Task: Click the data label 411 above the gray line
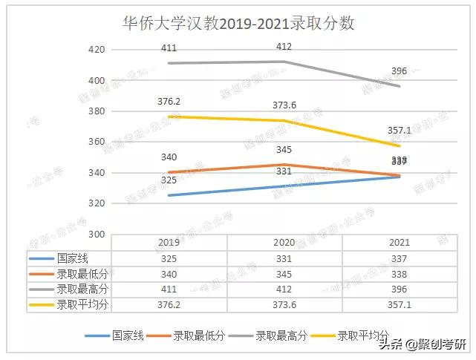point(169,48)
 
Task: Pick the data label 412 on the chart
point(284,47)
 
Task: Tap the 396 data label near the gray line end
point(399,71)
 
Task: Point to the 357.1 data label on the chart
point(399,131)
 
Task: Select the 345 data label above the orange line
point(284,151)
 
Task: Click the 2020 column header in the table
point(284,243)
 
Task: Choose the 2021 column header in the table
point(399,243)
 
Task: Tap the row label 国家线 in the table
point(71,258)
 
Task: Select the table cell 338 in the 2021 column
point(399,274)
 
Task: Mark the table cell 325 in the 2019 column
point(169,258)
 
